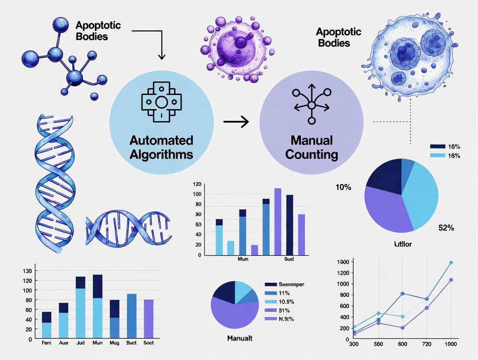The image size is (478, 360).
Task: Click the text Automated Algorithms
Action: point(161,148)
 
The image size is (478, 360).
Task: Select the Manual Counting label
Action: point(312,148)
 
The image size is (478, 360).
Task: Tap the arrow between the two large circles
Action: point(236,122)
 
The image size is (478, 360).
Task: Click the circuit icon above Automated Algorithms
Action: point(161,103)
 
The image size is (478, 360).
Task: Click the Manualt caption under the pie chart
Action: point(240,338)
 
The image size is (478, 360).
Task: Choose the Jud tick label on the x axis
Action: point(81,343)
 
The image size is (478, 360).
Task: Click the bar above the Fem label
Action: point(47,325)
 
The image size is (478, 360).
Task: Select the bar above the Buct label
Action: point(131,316)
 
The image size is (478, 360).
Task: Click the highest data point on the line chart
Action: point(451,263)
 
